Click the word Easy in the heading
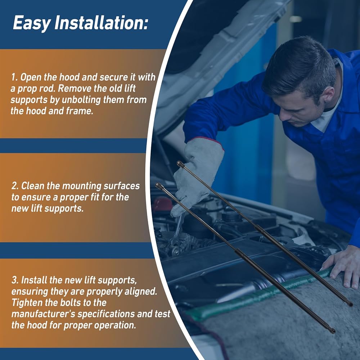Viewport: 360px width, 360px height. pos(32,23)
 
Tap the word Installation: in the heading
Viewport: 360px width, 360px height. pos(101,22)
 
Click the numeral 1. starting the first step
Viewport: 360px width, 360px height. pos(14,77)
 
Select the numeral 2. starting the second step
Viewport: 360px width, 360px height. pos(15,186)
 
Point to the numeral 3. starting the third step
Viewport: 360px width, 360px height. pos(15,280)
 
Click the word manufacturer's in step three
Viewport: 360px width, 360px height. pos(43,314)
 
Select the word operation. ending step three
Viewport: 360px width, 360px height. pos(115,325)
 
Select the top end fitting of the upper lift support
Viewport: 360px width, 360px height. pos(180,164)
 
